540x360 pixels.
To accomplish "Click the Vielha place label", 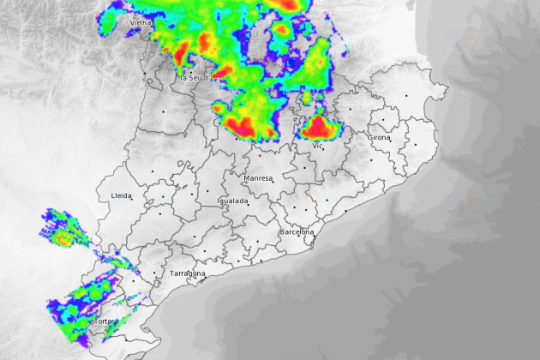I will tap(140, 22).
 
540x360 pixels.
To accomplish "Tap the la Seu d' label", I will tap(195, 78).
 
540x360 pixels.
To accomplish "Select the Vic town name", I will tap(317, 146).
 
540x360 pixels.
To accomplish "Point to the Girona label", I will tap(378, 137).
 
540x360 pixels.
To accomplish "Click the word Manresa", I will tap(257, 178).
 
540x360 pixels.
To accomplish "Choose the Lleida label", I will tap(121, 195).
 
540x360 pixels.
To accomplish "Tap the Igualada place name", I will tap(232, 201).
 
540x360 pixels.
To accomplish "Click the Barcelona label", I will tap(297, 232).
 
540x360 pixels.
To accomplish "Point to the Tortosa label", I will tap(106, 321).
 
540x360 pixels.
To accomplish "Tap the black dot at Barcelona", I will tap(315, 232).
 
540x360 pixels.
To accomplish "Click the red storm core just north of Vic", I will tap(320, 128).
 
